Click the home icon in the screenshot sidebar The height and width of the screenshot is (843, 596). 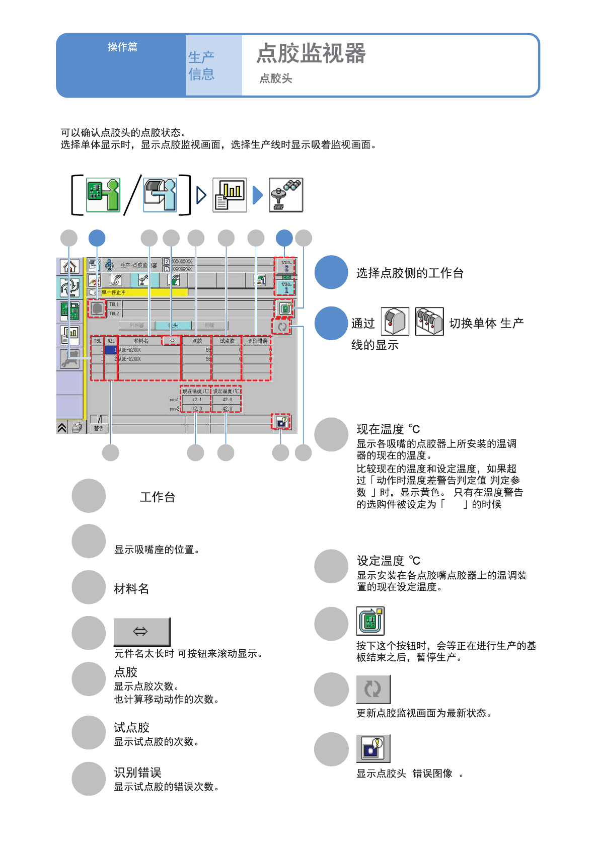point(70,266)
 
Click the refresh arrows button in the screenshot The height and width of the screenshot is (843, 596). point(282,327)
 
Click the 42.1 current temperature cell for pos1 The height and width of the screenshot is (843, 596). point(196,400)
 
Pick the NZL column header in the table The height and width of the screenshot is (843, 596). point(111,341)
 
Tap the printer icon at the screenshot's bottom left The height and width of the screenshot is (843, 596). point(77,428)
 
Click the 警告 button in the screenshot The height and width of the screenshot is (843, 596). point(99,428)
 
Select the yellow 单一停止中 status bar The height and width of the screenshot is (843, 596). point(143,292)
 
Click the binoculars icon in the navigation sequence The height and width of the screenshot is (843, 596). point(286,195)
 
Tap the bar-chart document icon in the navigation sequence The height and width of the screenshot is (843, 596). point(230,195)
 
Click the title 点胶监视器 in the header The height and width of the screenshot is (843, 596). point(311,53)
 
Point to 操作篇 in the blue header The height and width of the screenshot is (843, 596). point(122,47)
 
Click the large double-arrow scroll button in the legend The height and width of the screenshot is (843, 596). point(141,631)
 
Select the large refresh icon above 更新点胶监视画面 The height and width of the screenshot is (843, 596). point(373,688)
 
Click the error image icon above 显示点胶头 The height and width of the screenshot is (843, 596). point(373,748)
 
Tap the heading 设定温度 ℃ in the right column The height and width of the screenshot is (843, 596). point(388,561)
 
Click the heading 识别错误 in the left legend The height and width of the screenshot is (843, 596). point(137,773)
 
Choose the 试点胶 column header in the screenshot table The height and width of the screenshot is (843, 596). point(227,341)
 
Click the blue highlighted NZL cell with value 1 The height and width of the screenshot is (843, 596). point(111,350)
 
